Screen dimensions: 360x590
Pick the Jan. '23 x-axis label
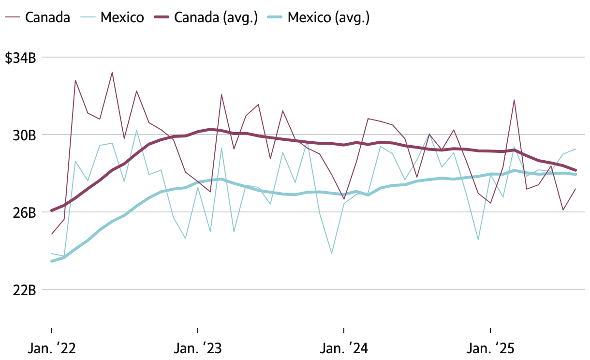point(198,348)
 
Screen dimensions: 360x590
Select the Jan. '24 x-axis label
point(344,348)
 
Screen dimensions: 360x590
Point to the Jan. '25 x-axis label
point(490,348)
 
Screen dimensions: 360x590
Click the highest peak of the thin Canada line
point(112,73)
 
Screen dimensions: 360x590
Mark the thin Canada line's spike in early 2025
point(514,100)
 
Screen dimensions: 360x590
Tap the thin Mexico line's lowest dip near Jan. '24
point(332,253)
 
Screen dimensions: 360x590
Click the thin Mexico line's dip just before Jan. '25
point(478,240)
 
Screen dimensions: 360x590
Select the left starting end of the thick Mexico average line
point(52,261)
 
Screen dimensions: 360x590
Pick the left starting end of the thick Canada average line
point(52,210)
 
